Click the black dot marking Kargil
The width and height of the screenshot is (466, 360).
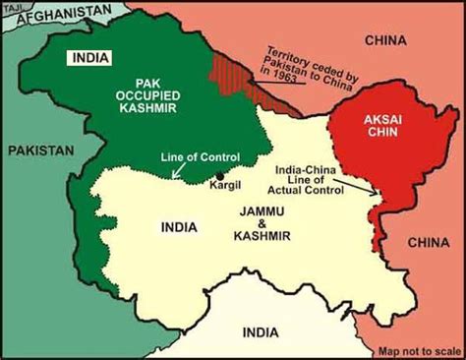coord(219,178)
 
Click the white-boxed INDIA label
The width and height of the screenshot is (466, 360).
coord(88,57)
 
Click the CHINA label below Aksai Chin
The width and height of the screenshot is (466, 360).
coord(429,241)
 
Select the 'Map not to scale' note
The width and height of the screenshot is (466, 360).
coord(421,350)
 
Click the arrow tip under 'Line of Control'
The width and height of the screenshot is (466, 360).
coord(174,178)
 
